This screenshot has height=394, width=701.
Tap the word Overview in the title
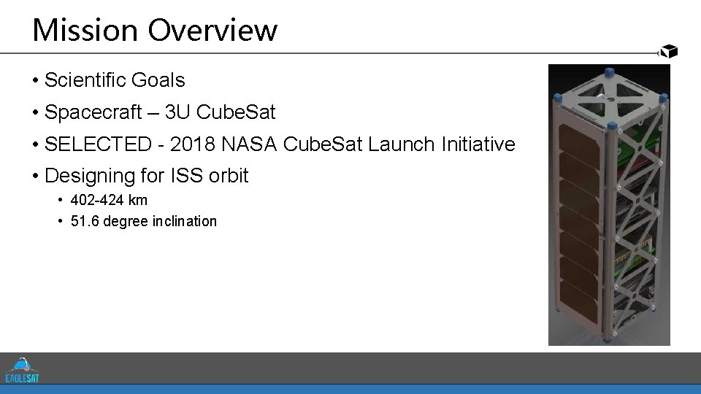coord(212,31)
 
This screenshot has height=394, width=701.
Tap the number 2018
coord(193,144)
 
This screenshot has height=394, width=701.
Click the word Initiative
coord(479,144)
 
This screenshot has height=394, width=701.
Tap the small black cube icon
coord(669,51)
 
